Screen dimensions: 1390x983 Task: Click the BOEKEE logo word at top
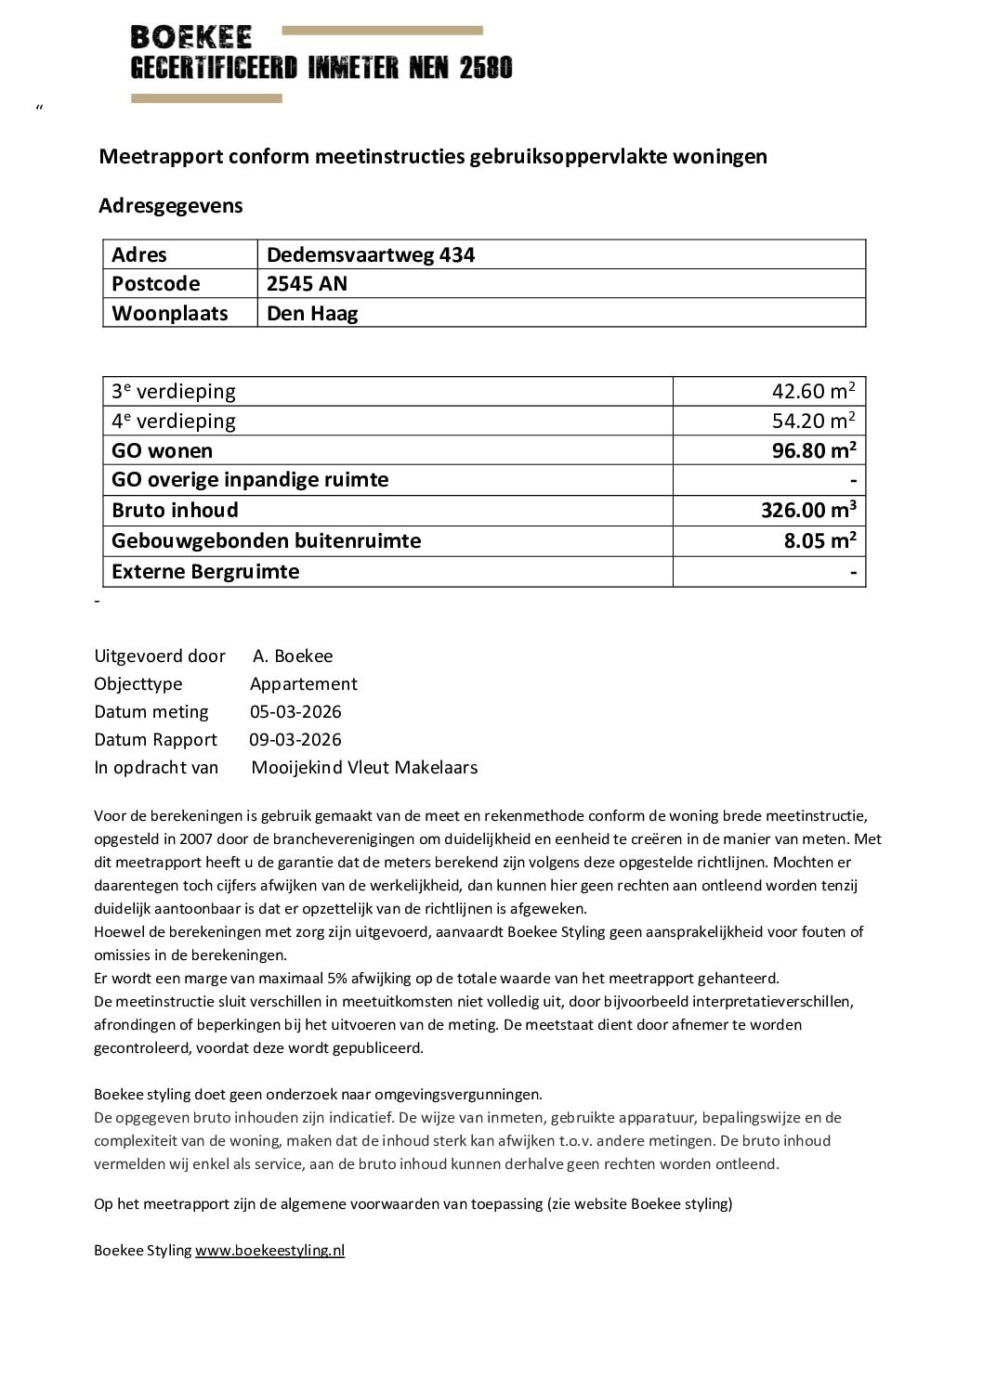click(x=191, y=37)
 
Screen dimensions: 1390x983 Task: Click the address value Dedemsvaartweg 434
click(x=370, y=254)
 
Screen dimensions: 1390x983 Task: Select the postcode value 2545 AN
click(x=307, y=283)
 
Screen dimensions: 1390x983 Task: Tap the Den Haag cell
click(x=312, y=313)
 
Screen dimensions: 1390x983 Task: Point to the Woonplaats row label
click(x=169, y=313)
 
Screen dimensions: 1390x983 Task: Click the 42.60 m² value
click(x=813, y=391)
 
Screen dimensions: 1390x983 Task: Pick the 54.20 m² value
click(x=813, y=421)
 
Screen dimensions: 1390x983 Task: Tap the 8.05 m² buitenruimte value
click(x=819, y=540)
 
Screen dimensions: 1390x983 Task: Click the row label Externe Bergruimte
click(x=205, y=571)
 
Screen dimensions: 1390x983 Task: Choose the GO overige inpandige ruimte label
click(x=250, y=479)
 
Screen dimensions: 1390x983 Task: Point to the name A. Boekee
click(x=293, y=656)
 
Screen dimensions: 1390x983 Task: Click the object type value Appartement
click(x=303, y=683)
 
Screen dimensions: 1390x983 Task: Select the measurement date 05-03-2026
click(x=295, y=711)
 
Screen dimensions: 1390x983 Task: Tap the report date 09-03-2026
click(x=295, y=739)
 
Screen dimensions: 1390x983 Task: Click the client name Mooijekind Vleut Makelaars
click(x=364, y=767)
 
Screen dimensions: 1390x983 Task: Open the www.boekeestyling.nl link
click(x=269, y=1250)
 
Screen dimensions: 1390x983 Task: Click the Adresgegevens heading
click(x=170, y=205)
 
